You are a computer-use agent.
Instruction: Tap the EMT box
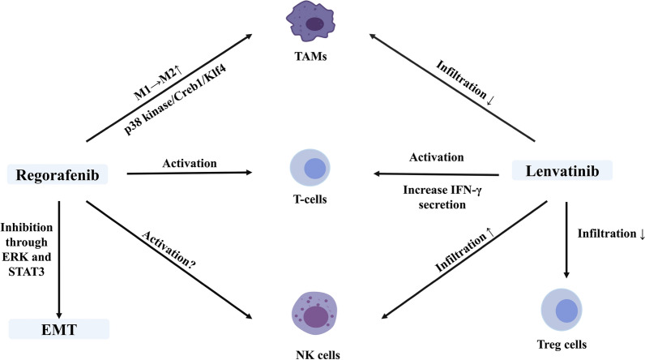[58, 329]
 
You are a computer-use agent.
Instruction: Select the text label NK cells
[312, 353]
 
